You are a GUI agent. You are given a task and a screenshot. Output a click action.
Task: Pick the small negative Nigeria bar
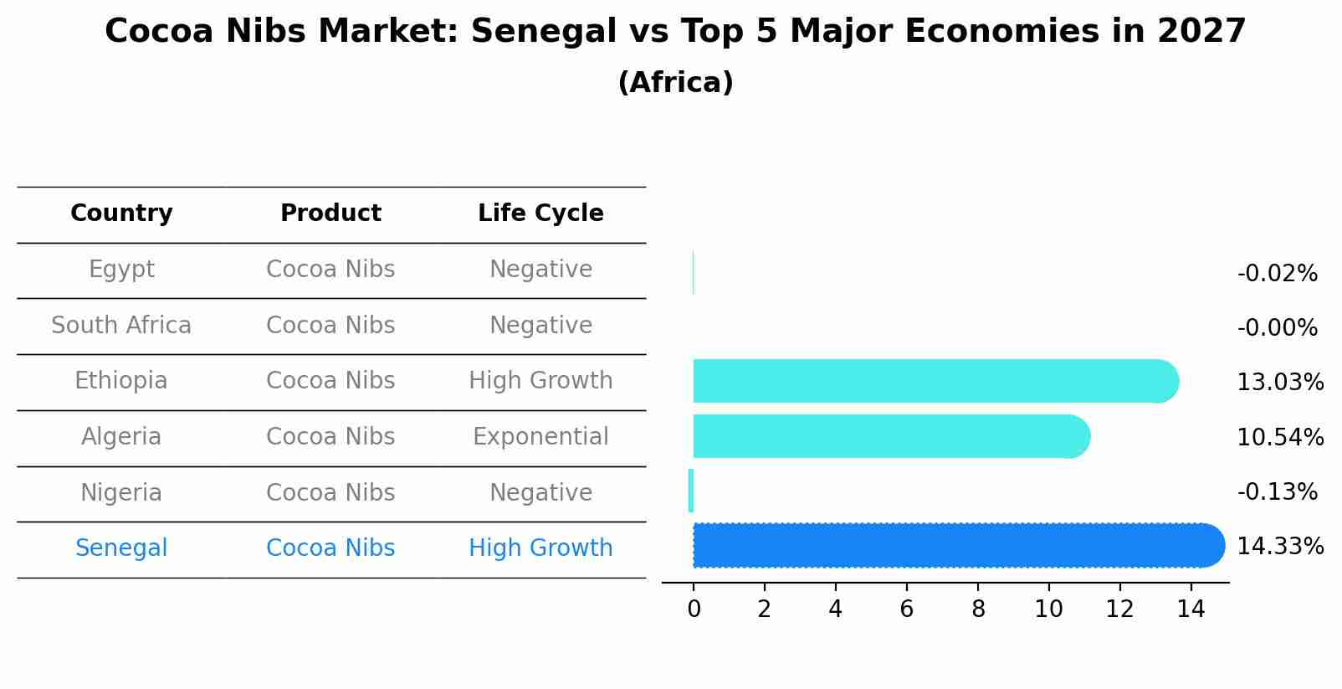click(x=691, y=491)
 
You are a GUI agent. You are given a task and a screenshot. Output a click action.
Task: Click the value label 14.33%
click(x=1279, y=547)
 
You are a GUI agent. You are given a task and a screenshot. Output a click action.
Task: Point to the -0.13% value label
click(x=1277, y=491)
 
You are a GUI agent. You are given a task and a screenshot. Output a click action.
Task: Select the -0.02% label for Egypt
click(x=1277, y=274)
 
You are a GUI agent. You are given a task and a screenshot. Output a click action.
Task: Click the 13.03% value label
click(x=1279, y=383)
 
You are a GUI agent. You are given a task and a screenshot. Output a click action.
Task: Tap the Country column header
click(x=121, y=213)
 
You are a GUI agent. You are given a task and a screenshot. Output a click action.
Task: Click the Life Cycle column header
click(x=540, y=213)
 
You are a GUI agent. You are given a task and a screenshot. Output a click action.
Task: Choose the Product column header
click(x=330, y=213)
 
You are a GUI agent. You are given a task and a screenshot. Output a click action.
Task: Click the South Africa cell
click(x=121, y=325)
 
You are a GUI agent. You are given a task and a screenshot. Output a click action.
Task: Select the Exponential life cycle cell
click(x=540, y=437)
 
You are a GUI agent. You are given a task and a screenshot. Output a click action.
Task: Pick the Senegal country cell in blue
click(x=121, y=548)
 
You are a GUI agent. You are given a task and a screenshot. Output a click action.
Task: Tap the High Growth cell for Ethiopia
click(x=540, y=381)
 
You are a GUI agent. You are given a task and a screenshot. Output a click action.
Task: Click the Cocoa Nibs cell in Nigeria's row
click(x=330, y=492)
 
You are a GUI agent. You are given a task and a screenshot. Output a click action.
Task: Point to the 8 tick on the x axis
click(x=978, y=609)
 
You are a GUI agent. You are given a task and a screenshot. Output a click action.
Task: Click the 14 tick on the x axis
click(x=1191, y=609)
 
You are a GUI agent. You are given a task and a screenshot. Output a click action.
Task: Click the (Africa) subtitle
click(x=675, y=83)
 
